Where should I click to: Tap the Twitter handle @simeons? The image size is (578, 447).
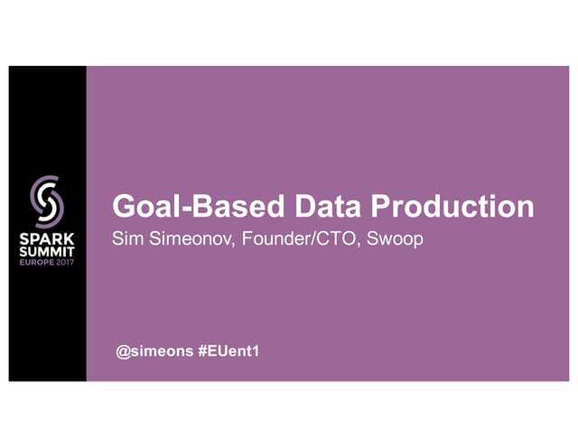(154, 349)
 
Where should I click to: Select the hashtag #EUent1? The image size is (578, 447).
(228, 349)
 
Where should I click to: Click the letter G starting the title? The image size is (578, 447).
(123, 207)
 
